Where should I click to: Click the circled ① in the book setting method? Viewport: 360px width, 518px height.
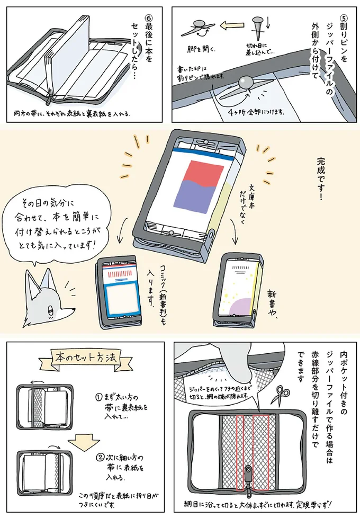point(98,396)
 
